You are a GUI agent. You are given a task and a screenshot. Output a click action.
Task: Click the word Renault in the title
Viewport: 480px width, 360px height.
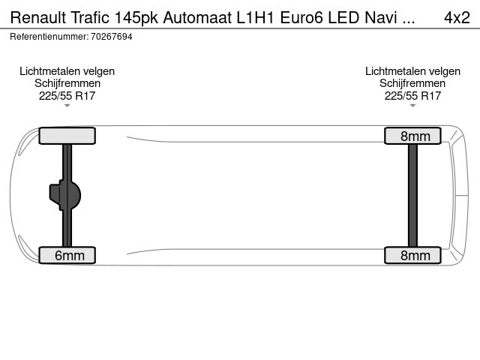tap(38, 18)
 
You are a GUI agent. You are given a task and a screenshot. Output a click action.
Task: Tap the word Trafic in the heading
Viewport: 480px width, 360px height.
tap(90, 18)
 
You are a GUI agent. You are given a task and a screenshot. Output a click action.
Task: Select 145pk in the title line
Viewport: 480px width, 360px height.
tap(136, 18)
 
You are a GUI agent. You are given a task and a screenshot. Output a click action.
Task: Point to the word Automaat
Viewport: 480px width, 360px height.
tap(197, 18)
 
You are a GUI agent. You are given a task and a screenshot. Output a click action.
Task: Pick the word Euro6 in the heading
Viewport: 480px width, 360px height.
tap(301, 18)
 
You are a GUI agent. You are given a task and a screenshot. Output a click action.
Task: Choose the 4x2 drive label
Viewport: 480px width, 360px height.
tap(457, 18)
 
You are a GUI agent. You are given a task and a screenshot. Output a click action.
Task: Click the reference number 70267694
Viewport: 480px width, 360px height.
tap(112, 37)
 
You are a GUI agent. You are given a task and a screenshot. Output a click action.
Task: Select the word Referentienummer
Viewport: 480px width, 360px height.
tap(49, 37)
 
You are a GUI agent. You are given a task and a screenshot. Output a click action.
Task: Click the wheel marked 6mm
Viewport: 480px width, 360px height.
tap(67, 255)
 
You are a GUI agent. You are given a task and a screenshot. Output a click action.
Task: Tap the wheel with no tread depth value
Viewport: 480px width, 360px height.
tap(67, 136)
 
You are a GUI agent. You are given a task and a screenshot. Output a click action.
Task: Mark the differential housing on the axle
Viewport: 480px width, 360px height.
tap(65, 195)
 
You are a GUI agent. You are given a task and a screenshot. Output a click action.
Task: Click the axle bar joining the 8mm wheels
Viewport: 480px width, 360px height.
tap(412, 195)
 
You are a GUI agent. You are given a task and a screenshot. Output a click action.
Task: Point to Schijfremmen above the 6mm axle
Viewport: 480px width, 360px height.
tap(67, 83)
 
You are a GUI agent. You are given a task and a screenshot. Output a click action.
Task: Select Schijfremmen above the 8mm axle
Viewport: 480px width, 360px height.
tap(412, 83)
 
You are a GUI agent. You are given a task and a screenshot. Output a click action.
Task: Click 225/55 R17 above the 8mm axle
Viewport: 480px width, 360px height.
tap(412, 96)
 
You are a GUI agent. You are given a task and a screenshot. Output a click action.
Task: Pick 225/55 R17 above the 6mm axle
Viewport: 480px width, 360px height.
tap(67, 96)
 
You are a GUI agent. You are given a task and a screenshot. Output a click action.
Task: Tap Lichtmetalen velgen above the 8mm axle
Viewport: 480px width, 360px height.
tap(412, 71)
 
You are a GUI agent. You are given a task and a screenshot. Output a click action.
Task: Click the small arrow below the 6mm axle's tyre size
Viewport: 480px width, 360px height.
tap(67, 106)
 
